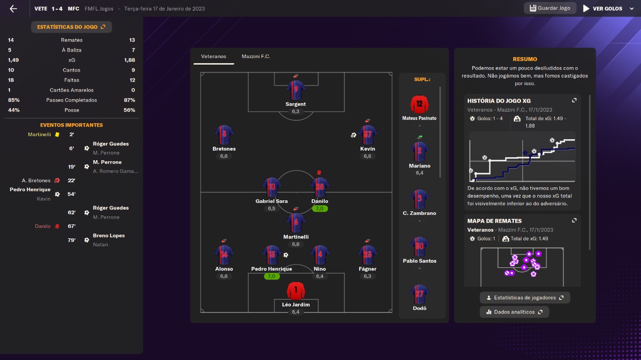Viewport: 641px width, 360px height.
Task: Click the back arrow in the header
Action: [13, 9]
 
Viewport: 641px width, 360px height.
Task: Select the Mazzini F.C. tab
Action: [256, 57]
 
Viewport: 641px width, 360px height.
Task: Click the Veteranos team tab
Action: [213, 57]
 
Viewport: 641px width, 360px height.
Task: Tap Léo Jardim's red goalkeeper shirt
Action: [296, 291]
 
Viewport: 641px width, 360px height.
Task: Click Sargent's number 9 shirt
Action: [296, 90]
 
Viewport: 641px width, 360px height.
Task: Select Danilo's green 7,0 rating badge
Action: [319, 209]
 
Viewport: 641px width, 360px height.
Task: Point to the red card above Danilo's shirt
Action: [319, 172]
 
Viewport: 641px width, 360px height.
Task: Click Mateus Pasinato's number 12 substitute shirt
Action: [420, 104]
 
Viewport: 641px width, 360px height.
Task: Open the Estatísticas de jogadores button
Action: [525, 297]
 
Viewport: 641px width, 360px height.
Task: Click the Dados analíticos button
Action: [514, 312]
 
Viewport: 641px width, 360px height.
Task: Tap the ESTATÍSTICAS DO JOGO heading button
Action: [71, 27]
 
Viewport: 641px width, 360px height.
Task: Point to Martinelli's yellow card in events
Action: [57, 135]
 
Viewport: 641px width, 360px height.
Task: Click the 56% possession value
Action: [129, 110]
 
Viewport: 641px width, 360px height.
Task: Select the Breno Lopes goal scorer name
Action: [109, 235]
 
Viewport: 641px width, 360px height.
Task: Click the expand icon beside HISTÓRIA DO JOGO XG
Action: [574, 101]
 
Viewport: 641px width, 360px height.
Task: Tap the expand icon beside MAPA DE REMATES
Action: [574, 221]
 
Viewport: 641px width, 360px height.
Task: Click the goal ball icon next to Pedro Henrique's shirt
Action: [285, 255]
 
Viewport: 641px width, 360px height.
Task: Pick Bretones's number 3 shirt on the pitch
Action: [224, 135]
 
